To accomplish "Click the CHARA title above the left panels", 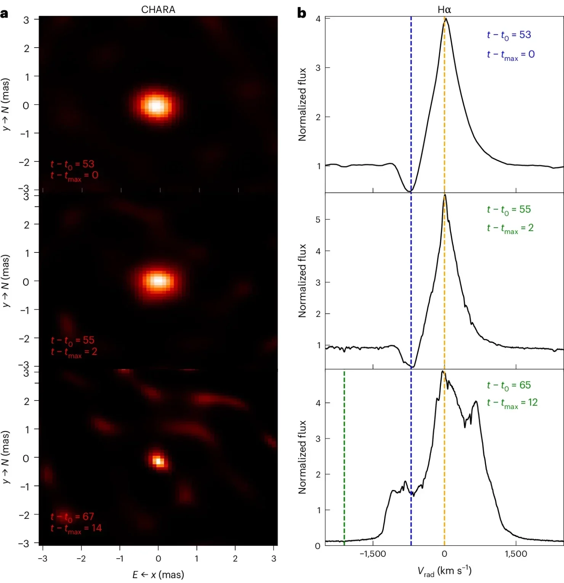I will [x=158, y=10].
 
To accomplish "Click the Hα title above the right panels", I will [x=444, y=10].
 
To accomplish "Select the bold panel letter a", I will [x=4, y=14].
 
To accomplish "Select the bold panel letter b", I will [x=301, y=13].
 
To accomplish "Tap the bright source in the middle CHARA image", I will [x=158, y=281].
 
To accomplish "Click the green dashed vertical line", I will [x=344, y=457].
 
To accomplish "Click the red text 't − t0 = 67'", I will [x=72, y=517].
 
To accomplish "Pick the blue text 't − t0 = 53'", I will [x=509, y=35].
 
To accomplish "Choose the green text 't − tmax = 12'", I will [x=512, y=403].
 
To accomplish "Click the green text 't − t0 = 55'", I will [x=509, y=210].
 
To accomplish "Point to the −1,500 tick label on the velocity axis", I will [x=372, y=554].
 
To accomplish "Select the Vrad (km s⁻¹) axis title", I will [x=444, y=571].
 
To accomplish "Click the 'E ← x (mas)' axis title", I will [x=158, y=575].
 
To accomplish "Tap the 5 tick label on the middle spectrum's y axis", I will [x=318, y=220].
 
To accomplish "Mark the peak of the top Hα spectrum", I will [x=445, y=19].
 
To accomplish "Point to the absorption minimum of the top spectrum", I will [x=410, y=190].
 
